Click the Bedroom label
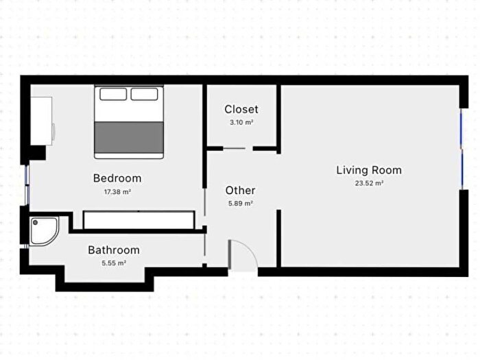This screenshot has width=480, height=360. point(117,178)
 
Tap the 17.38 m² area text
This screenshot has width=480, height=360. point(117,192)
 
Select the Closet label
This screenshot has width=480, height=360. point(241,109)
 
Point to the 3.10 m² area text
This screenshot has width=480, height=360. point(241,123)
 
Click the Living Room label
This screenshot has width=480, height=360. point(369,170)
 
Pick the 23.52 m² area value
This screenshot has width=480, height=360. point(369,183)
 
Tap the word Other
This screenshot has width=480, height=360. point(240,191)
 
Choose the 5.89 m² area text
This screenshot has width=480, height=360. point(240,203)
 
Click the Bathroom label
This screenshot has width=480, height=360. point(114,250)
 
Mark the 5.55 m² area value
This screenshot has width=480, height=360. point(114,263)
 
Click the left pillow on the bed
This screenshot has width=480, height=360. point(113,94)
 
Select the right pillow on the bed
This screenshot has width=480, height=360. point(145,94)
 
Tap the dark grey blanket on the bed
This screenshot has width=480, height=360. point(129,137)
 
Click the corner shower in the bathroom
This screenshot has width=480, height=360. point(45,231)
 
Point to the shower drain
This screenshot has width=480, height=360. point(36,223)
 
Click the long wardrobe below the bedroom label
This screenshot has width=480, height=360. point(139,220)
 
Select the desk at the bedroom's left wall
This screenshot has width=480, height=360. point(41,121)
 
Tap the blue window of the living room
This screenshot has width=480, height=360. point(461,149)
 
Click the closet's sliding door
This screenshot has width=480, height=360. point(234,149)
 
